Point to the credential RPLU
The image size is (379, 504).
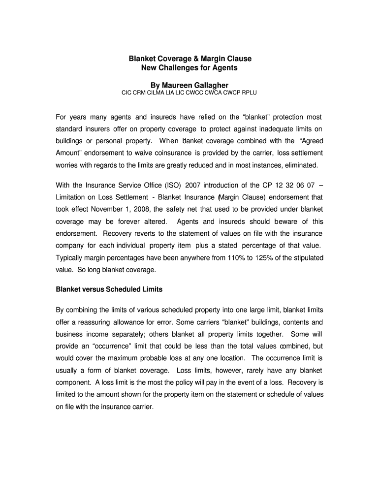tap(249, 93)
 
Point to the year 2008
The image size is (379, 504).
tap(148, 209)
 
